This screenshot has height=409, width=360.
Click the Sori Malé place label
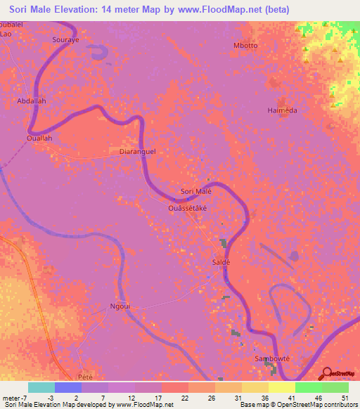[196, 191]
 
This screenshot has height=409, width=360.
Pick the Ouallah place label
[39, 138]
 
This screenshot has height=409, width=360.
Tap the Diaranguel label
[137, 151]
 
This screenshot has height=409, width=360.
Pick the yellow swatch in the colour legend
[282, 387]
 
